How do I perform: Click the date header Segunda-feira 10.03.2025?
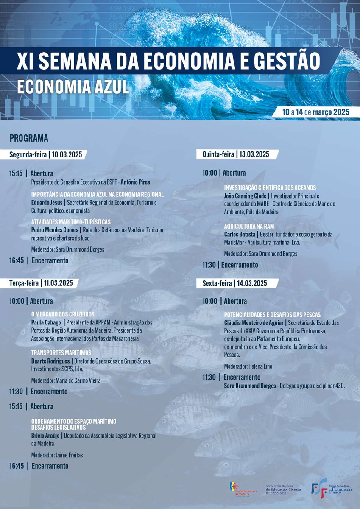point(46,154)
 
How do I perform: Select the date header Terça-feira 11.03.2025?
point(41,283)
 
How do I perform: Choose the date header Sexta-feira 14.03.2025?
point(235,283)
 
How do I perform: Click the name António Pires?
point(135,182)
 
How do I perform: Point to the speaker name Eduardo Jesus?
point(46,202)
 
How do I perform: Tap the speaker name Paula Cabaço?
point(46,322)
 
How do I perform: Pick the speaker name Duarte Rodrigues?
point(50,361)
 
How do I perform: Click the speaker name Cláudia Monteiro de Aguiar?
point(254,322)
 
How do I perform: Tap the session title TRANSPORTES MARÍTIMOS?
point(61,353)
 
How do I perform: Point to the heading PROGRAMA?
point(29,138)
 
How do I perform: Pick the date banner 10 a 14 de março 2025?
point(316,112)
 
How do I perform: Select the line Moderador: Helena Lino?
point(248,366)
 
